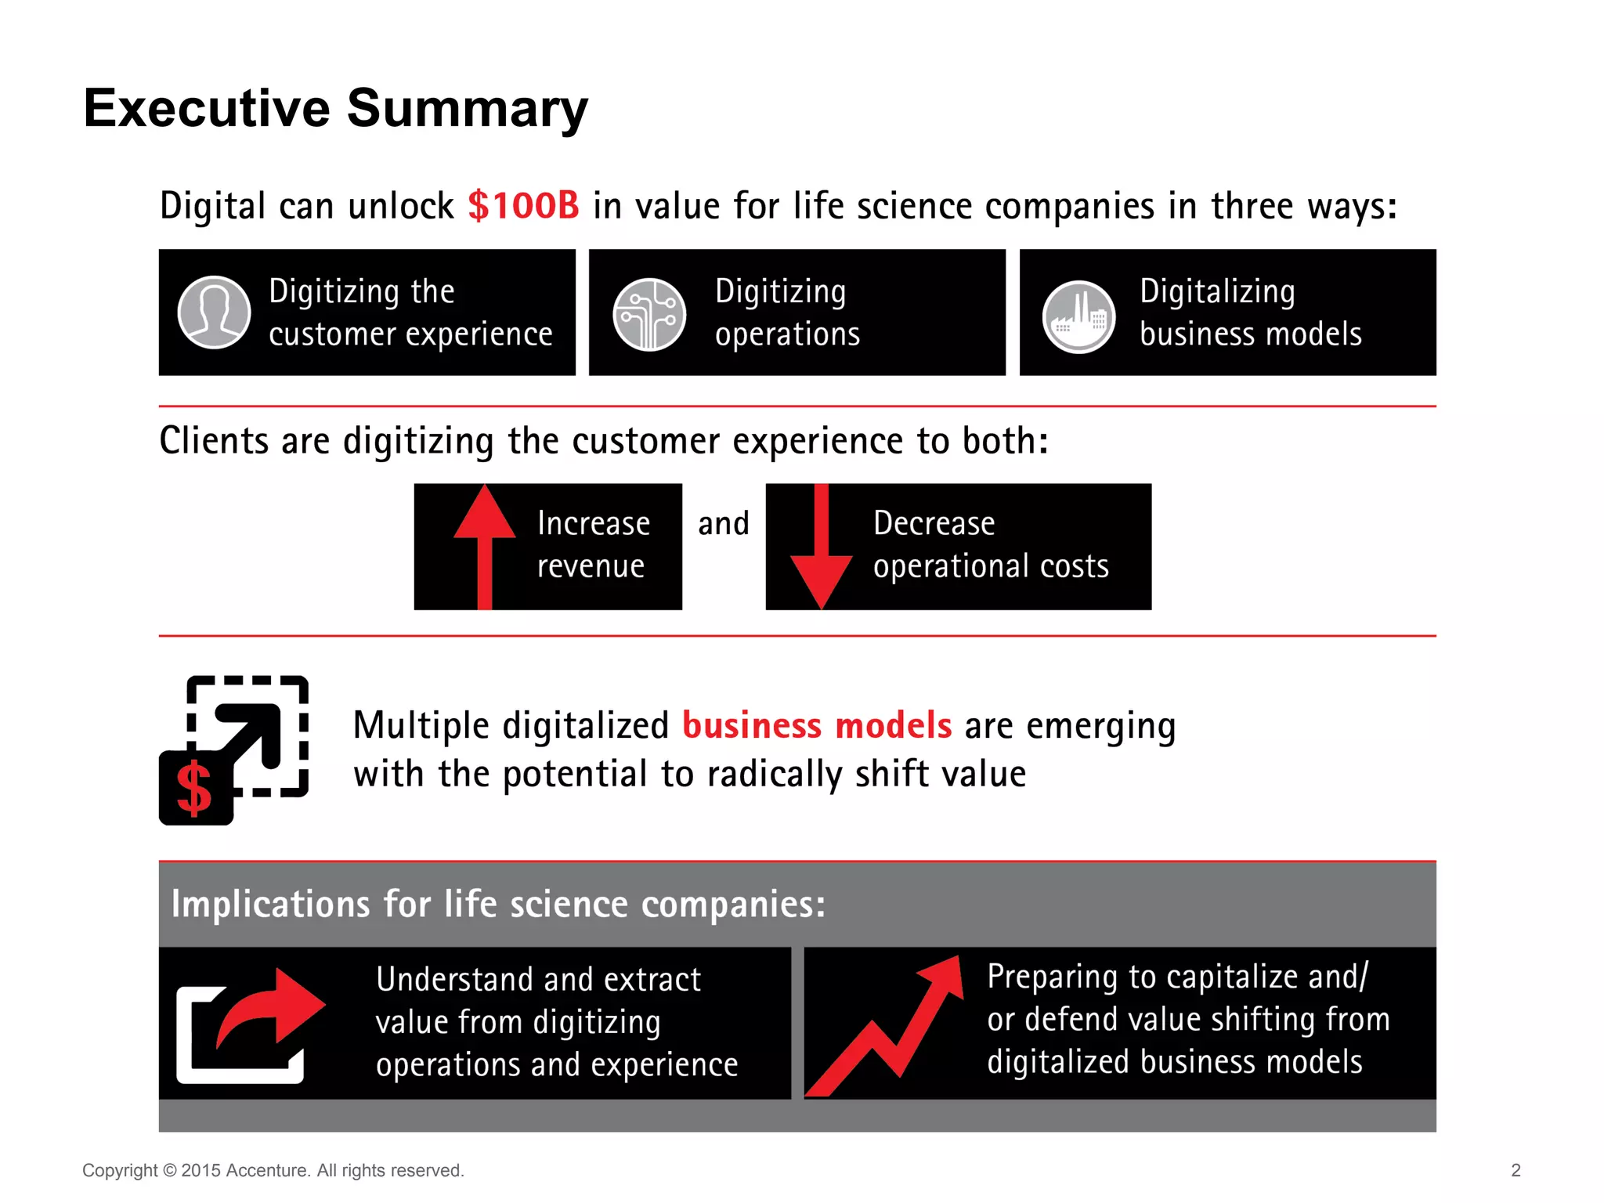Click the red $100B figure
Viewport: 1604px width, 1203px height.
(x=523, y=206)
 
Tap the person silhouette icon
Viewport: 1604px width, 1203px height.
(x=214, y=312)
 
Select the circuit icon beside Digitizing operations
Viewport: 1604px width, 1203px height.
(x=648, y=314)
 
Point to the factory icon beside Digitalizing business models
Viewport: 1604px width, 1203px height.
(x=1078, y=316)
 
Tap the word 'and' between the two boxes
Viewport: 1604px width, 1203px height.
(x=723, y=523)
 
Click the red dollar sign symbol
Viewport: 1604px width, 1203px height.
(x=194, y=789)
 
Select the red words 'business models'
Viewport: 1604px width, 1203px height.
(x=816, y=725)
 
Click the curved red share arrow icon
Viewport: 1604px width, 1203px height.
(x=266, y=1010)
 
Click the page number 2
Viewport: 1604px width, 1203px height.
(x=1515, y=1170)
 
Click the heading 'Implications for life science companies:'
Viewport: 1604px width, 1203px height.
(x=498, y=904)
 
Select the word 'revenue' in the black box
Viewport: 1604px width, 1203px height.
(x=591, y=565)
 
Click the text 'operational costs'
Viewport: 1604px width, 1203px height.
(x=991, y=565)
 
